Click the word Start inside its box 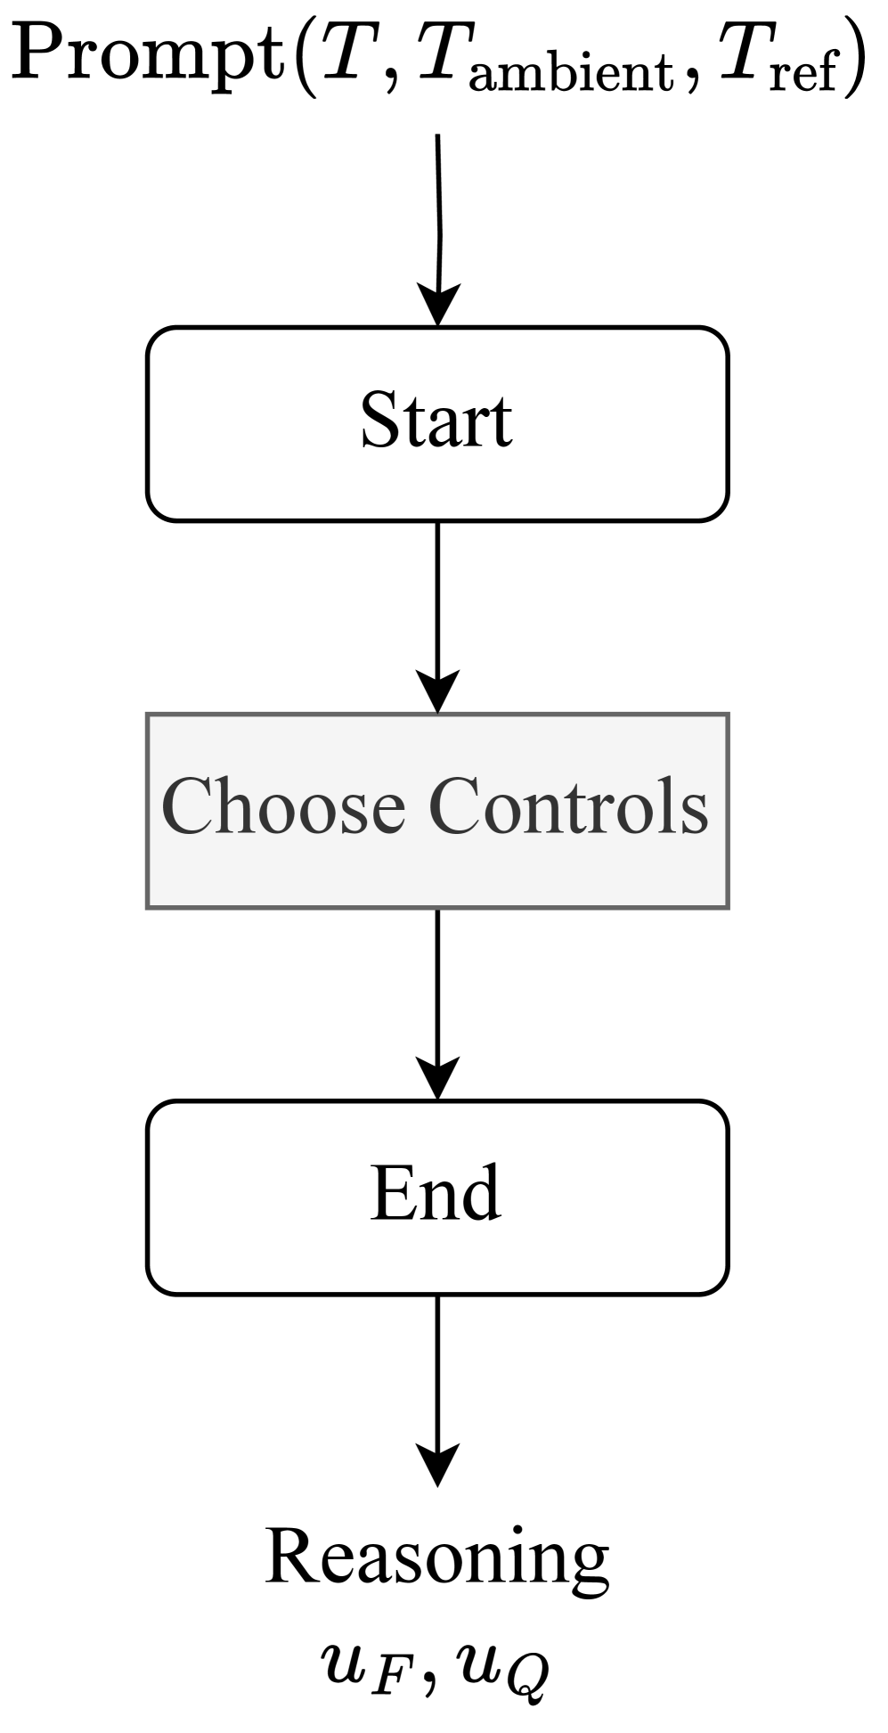click(436, 421)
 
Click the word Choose click(282, 807)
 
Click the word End click(436, 1194)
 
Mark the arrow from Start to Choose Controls click(437, 615)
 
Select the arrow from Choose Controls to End click(437, 1002)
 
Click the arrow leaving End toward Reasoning click(437, 1390)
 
